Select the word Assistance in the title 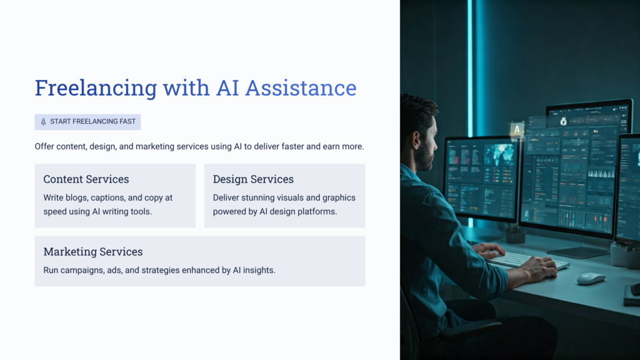301,88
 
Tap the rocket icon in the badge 43,121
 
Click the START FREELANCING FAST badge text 92,121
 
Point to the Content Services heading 86,179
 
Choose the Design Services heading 253,179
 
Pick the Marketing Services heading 93,252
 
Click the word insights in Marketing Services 259,271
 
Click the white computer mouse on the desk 591,278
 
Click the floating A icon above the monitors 516,130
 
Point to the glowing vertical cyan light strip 471,62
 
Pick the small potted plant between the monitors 516,234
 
